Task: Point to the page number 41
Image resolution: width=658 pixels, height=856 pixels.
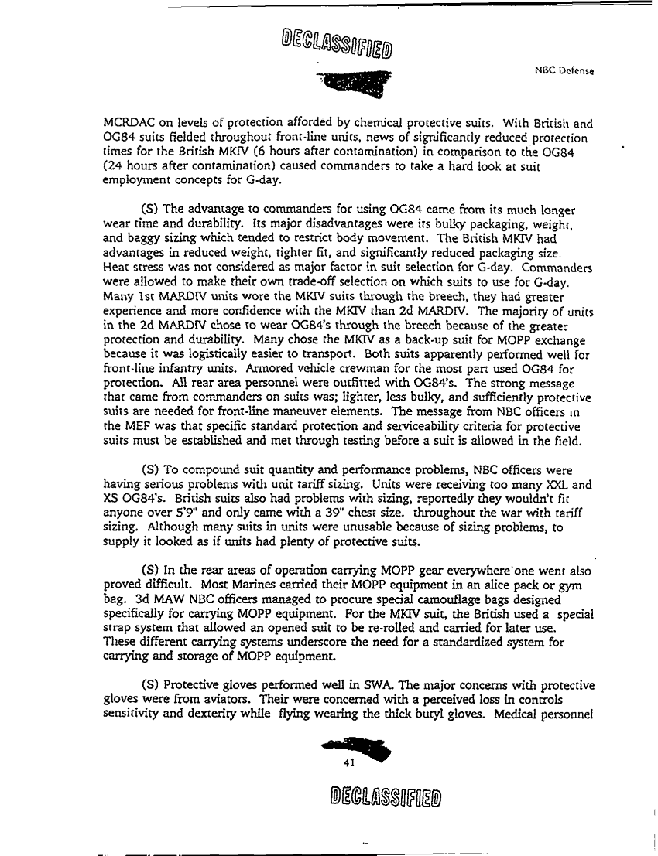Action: tap(348, 762)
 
